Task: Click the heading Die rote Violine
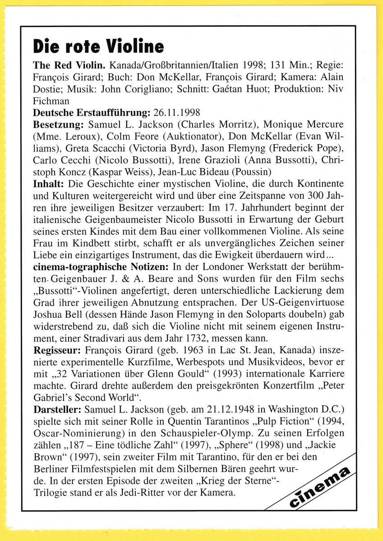[x=98, y=46]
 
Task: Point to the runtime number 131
[x=267, y=65]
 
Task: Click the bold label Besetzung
[x=59, y=124]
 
